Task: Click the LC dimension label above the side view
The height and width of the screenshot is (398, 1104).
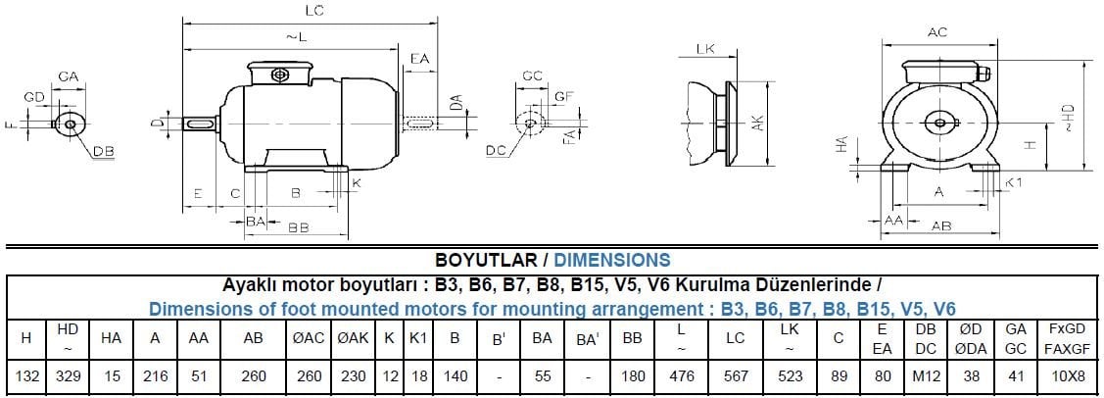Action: (314, 11)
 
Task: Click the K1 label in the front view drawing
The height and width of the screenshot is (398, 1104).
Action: (1015, 183)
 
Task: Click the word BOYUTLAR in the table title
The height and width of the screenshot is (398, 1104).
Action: (484, 261)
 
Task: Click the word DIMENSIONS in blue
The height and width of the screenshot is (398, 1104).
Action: (612, 261)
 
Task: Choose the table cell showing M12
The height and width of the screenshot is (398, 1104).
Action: (926, 375)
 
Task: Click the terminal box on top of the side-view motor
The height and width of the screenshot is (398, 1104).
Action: (281, 74)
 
